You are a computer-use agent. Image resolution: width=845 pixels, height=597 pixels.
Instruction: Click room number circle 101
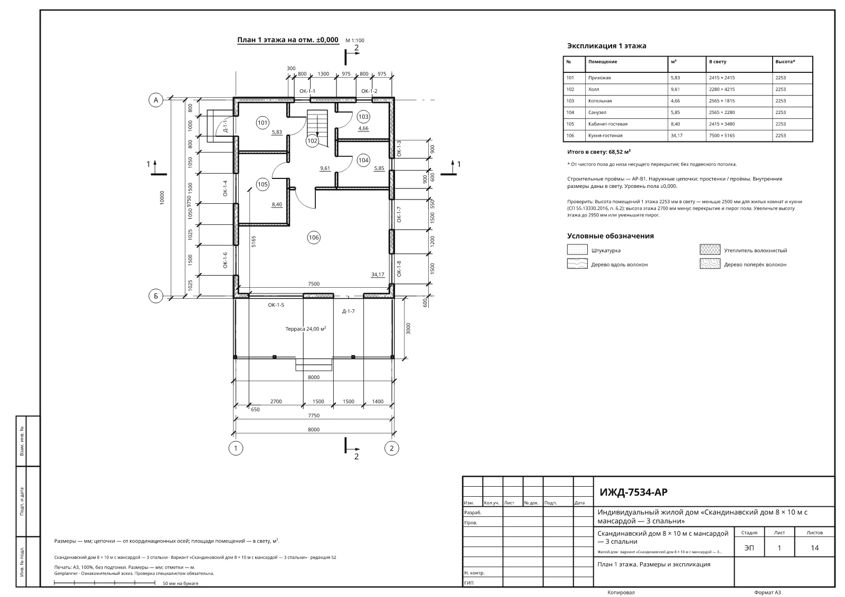(262, 122)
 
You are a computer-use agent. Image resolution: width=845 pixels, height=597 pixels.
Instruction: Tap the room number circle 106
(314, 238)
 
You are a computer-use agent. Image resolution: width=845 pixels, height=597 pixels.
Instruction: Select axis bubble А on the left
(156, 100)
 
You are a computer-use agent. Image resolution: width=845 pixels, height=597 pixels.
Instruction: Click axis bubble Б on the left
(156, 296)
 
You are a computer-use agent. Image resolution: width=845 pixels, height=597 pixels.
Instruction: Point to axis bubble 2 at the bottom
(391, 449)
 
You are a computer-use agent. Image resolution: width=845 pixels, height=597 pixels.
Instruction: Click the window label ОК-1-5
(276, 305)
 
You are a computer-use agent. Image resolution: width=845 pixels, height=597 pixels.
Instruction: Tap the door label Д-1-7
(348, 311)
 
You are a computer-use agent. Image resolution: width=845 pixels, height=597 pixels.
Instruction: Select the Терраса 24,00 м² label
(306, 329)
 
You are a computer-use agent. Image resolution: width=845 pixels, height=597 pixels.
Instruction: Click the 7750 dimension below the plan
(314, 415)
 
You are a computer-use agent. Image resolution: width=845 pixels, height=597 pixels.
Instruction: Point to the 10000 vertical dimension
(162, 197)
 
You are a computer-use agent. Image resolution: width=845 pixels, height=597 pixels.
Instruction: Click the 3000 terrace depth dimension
(408, 328)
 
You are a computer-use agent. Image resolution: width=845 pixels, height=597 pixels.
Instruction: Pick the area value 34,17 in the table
(677, 135)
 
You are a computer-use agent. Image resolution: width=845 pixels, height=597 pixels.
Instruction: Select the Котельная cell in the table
(600, 101)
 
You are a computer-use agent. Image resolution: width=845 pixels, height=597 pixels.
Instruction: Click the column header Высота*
(785, 61)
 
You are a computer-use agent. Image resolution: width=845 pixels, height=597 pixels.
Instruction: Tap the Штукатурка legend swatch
(577, 250)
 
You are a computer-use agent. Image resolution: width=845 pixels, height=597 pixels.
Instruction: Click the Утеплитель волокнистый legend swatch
(710, 250)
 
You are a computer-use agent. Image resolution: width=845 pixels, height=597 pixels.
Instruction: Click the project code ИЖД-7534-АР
(633, 492)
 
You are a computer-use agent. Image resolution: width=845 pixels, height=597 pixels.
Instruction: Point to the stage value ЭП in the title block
(749, 548)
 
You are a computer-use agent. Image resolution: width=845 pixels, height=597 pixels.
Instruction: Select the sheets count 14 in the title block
(814, 548)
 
